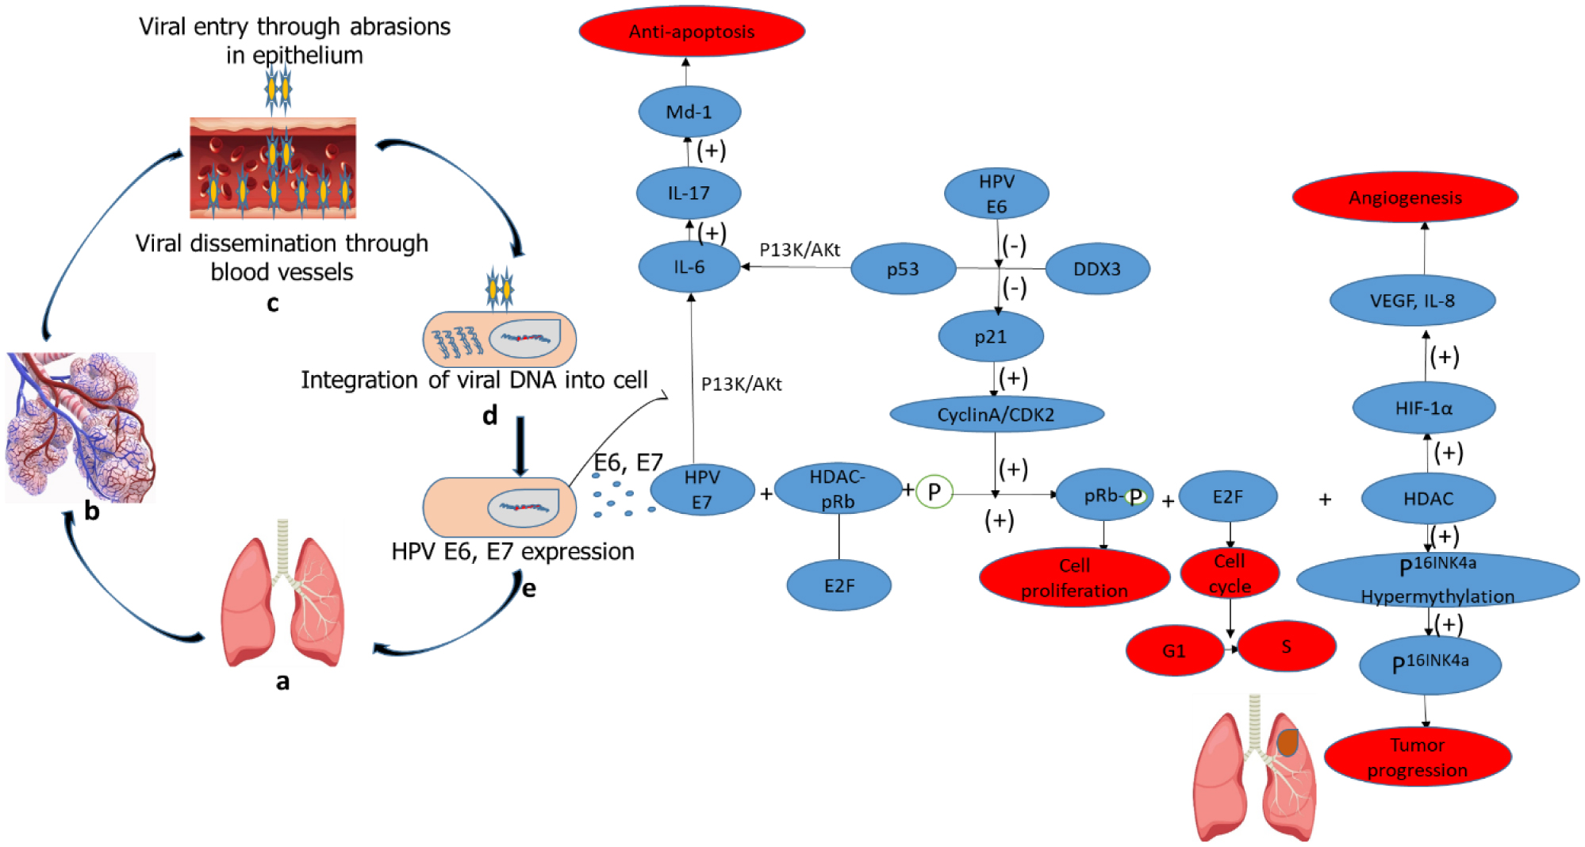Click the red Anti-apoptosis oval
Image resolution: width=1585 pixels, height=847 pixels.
coord(692,32)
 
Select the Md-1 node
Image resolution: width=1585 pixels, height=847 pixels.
coord(689,112)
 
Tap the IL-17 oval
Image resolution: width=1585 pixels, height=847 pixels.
coord(689,193)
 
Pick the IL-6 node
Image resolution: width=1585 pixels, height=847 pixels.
coord(689,267)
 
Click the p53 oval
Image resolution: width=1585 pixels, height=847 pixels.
coord(903,270)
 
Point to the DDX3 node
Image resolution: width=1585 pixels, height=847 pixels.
coord(1097,269)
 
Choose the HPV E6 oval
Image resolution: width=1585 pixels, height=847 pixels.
coord(996,194)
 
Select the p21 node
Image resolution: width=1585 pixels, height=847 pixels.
coord(990,337)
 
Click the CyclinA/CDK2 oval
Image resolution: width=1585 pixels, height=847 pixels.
coord(996,414)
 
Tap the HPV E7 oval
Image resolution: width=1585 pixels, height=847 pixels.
coord(702,489)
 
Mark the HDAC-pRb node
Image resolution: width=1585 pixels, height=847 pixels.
coord(838,489)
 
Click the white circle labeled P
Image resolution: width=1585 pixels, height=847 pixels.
coord(934,492)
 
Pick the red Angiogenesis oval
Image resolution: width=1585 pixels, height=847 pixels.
coord(1405,197)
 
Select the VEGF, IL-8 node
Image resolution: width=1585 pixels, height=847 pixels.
coord(1412,301)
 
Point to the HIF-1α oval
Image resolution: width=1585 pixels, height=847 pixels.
coord(1424,408)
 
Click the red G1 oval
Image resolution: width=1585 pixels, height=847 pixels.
coord(1174,650)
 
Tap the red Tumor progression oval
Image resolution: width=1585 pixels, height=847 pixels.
coord(1418,757)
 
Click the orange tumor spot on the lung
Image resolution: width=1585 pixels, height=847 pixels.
coord(1288,742)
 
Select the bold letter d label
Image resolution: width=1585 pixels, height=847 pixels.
coord(490,415)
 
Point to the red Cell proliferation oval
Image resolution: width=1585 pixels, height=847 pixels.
coord(1074,577)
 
